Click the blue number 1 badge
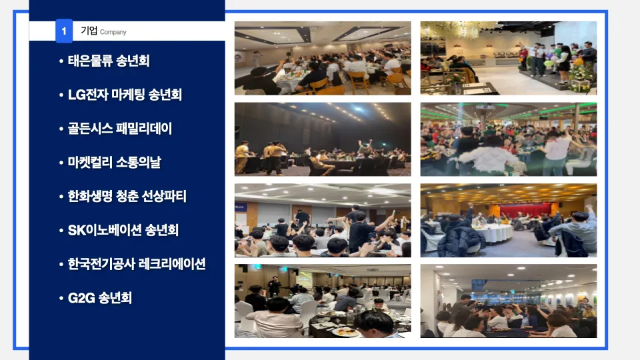tap(64, 31)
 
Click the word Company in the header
tap(113, 32)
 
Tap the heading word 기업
tap(89, 31)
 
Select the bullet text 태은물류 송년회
tap(108, 61)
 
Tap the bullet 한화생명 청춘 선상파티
tap(127, 197)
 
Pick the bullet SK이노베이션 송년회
tap(123, 230)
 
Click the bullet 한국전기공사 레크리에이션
tap(136, 264)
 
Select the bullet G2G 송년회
tap(100, 297)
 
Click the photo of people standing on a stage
tap(508, 58)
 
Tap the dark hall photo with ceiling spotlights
tap(323, 139)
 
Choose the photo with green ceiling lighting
tap(508, 139)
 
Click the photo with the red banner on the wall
tap(508, 220)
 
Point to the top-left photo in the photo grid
tap(323, 58)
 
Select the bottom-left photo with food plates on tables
tap(323, 301)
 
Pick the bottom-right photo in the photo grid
tap(508, 301)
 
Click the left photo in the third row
tap(323, 220)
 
